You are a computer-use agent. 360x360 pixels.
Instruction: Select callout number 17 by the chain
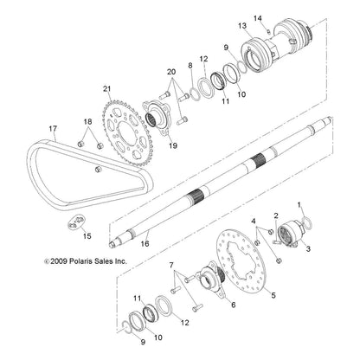click(x=52, y=130)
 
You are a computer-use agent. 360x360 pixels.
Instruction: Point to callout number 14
click(x=257, y=17)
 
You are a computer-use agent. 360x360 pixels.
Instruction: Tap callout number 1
click(x=300, y=207)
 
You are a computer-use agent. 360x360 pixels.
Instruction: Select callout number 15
click(x=85, y=235)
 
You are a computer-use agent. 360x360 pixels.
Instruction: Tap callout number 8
click(x=190, y=66)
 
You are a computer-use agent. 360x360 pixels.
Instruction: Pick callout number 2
click(x=277, y=217)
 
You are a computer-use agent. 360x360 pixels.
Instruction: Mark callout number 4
click(x=254, y=223)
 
